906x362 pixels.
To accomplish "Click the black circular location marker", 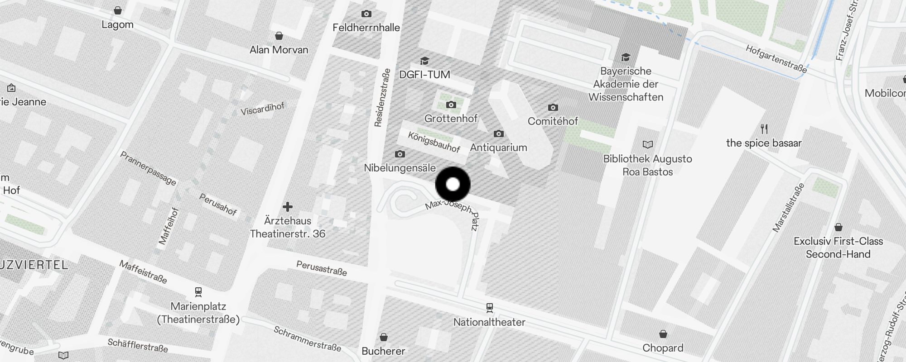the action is click(453, 185).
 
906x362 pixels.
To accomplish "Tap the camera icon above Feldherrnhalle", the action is click(366, 14).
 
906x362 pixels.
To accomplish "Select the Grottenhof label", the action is click(451, 119).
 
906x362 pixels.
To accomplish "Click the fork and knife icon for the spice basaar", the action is click(764, 129).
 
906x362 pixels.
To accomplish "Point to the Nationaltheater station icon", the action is click(489, 308).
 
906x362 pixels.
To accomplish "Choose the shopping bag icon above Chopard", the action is click(663, 334).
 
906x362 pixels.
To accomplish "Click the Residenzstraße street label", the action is click(382, 98).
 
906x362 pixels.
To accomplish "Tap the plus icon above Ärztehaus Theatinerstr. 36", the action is click(288, 207).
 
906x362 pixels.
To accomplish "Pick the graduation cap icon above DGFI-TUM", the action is click(424, 61).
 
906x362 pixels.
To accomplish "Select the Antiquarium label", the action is click(498, 148).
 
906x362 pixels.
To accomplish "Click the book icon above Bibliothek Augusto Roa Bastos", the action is click(648, 145).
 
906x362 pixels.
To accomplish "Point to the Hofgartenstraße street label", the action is click(776, 59).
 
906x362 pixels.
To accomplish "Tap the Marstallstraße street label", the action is click(788, 208).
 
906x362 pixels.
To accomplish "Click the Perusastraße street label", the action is click(322, 268).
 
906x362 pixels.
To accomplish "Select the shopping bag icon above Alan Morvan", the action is click(279, 36).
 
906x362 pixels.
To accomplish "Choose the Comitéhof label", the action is click(553, 121).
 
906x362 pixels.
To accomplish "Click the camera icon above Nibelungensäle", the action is click(400, 154).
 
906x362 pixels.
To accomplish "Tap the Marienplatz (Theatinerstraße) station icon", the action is click(198, 292).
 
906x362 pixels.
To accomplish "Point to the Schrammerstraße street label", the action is click(307, 338).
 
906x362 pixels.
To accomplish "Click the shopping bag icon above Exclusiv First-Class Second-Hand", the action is click(838, 227).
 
